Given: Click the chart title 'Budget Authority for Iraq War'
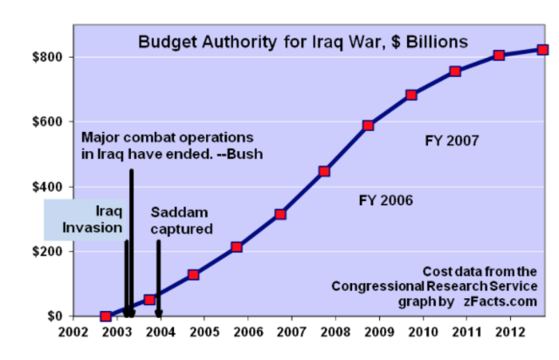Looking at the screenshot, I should (302, 41).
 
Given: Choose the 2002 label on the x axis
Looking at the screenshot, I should (73, 333).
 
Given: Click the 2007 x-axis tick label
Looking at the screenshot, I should (292, 333).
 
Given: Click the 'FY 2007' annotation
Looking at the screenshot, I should (452, 140).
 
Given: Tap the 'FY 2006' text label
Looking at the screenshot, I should (385, 200).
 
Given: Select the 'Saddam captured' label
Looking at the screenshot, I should (182, 220).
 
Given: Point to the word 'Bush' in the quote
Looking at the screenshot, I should (245, 154).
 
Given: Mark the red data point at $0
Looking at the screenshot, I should (106, 316).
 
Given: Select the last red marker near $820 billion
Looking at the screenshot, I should (542, 50).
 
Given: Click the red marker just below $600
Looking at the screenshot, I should (368, 126).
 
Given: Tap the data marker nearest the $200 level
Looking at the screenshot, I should (237, 247).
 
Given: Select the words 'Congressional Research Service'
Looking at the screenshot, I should (434, 286).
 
